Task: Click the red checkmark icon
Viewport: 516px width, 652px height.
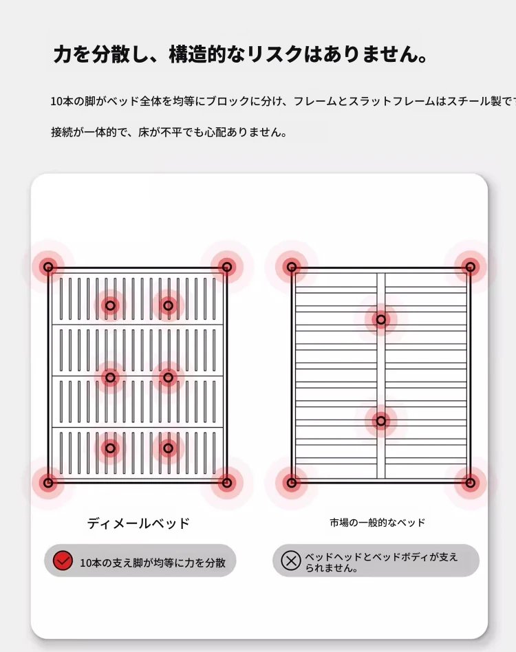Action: coord(63,561)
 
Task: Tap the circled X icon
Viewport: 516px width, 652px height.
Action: coord(290,561)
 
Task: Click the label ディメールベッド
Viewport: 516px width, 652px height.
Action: coord(138,523)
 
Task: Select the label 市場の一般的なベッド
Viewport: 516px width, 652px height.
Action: coord(378,523)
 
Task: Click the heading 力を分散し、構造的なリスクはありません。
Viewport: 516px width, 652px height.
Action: coord(240,54)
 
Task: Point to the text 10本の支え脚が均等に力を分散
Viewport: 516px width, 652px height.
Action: coord(153,563)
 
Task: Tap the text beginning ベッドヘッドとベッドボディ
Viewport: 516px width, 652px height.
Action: coord(381,562)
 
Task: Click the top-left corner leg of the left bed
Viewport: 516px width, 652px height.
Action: coord(48,267)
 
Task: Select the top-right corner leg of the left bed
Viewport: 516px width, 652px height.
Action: coord(226,267)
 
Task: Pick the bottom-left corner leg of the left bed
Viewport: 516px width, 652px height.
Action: coord(48,483)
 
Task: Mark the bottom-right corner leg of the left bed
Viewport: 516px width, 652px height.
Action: coord(226,483)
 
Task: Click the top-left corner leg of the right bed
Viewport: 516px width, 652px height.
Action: coord(292,267)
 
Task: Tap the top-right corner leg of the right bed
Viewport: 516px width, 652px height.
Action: coord(471,267)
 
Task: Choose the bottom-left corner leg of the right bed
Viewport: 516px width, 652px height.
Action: coord(292,483)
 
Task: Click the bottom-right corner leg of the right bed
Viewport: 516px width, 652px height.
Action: coord(471,483)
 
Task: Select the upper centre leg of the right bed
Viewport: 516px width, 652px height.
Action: coord(381,320)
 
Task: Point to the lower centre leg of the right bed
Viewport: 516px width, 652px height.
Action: coord(381,421)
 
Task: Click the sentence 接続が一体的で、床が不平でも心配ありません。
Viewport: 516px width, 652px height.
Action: coord(169,132)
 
